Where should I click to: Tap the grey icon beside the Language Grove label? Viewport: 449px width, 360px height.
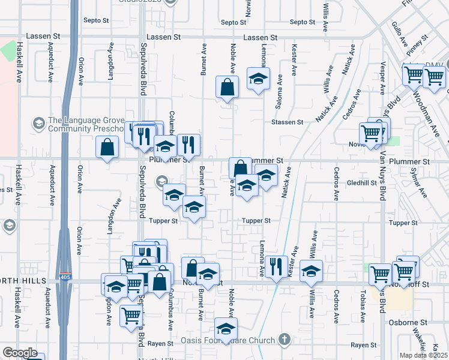(x=39, y=124)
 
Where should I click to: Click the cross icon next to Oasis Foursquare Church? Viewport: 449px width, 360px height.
(x=285, y=340)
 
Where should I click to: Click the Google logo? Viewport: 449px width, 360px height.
(x=19, y=353)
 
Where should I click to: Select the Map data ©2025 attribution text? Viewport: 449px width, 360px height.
(x=423, y=355)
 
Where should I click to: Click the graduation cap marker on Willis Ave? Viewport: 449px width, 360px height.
(x=311, y=271)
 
